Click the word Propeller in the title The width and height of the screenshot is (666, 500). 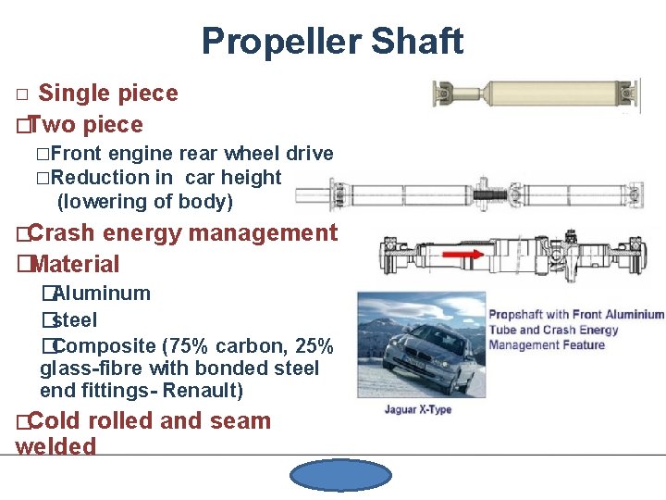[276, 42]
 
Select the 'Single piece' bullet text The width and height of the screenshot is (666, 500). [108, 94]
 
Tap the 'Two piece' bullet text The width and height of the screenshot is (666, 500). [89, 125]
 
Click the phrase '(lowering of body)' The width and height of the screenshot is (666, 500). [144, 202]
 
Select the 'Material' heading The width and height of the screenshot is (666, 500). [74, 264]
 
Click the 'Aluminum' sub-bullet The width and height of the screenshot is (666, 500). [100, 294]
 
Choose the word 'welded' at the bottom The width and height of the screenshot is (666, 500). [55, 446]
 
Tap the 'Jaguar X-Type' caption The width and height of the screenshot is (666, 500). [418, 409]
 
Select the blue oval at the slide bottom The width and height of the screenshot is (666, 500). [340, 476]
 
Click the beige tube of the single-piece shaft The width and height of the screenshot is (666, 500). [536, 94]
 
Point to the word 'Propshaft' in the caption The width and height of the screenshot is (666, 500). [522, 315]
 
